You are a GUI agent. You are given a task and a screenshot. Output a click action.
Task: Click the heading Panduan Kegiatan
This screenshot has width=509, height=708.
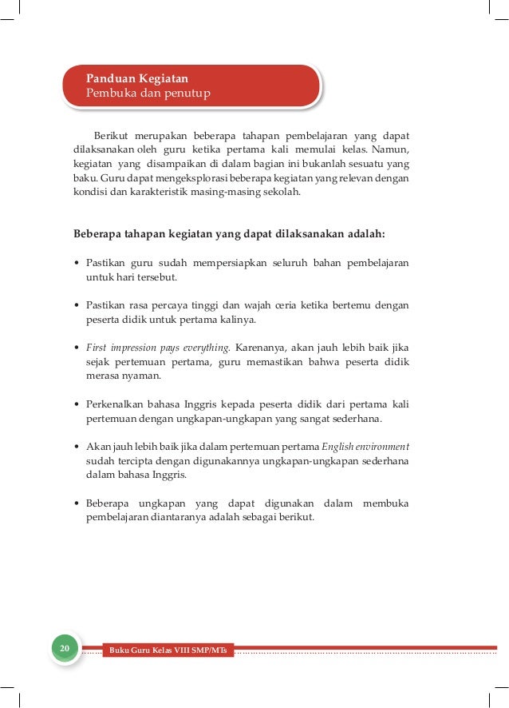click(x=137, y=79)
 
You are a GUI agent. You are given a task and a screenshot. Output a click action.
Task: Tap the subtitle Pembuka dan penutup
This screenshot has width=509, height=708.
click(x=148, y=94)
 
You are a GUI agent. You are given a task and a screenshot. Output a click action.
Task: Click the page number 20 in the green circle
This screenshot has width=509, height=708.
click(x=65, y=646)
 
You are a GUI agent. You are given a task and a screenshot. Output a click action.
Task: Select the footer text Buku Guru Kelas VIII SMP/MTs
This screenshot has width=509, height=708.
click(x=168, y=650)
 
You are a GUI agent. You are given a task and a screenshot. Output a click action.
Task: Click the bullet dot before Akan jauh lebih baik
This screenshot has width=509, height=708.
click(x=76, y=446)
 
